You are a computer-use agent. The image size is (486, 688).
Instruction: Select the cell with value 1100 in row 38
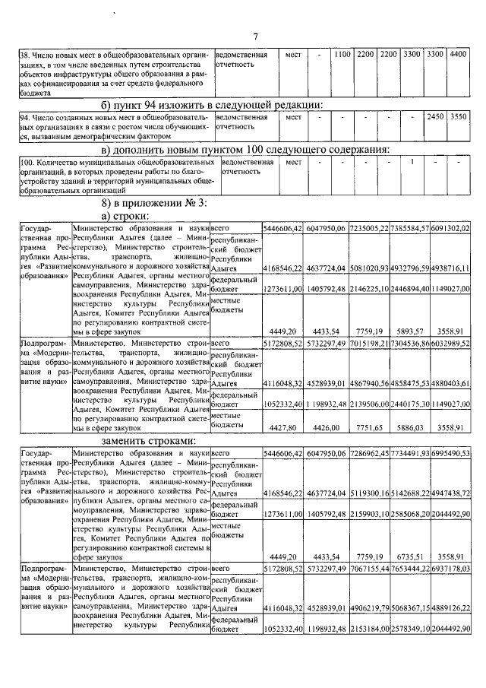(x=342, y=55)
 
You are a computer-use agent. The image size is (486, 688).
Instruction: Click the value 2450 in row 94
(x=435, y=118)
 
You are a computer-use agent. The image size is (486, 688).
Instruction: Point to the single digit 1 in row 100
(x=412, y=162)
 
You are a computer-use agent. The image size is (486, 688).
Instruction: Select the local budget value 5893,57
(x=415, y=331)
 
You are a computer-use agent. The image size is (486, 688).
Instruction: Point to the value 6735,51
(x=415, y=556)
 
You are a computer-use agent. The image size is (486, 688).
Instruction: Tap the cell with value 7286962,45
(x=370, y=453)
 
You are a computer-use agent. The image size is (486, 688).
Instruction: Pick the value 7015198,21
(x=370, y=344)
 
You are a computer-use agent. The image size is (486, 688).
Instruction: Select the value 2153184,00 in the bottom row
(x=370, y=629)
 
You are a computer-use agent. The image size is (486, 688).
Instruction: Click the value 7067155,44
(x=370, y=568)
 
